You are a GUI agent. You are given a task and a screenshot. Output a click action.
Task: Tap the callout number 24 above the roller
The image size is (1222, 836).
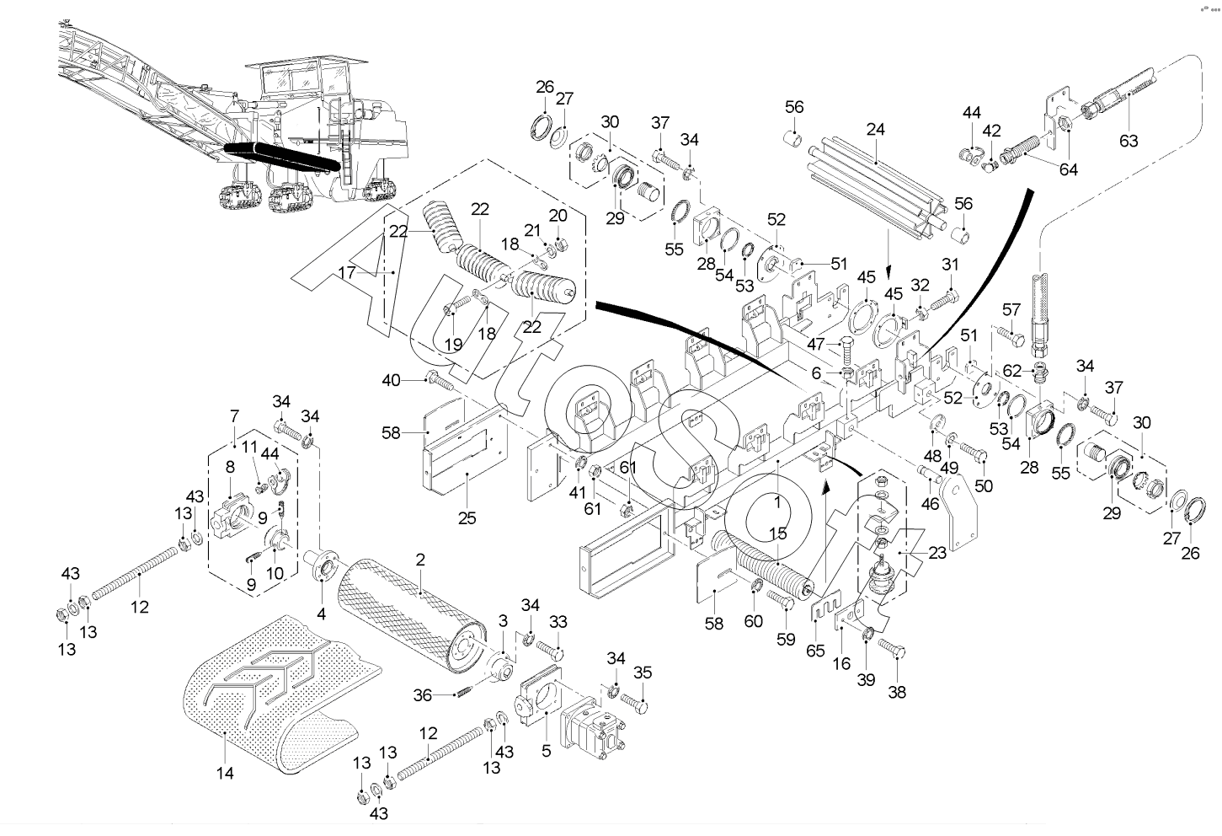pyautogui.click(x=876, y=130)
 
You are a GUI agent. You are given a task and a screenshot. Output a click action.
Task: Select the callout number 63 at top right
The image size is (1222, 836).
pyautogui.click(x=1128, y=140)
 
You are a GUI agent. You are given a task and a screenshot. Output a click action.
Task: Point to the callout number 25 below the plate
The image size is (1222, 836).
pyautogui.click(x=467, y=518)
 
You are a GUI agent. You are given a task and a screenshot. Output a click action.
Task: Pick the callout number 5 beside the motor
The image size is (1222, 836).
pyautogui.click(x=546, y=749)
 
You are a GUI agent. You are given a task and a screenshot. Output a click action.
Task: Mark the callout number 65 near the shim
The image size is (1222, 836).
pyautogui.click(x=815, y=651)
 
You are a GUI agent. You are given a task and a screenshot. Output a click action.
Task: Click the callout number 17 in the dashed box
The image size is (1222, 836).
pyautogui.click(x=348, y=272)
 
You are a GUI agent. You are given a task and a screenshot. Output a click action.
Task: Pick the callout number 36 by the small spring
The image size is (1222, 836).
pyautogui.click(x=423, y=694)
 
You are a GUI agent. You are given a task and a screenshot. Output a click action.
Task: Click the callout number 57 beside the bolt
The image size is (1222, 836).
pyautogui.click(x=1011, y=310)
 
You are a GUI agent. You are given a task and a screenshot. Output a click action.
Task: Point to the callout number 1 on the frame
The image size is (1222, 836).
pyautogui.click(x=777, y=499)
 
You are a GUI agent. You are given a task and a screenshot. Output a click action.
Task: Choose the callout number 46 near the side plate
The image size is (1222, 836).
pyautogui.click(x=929, y=504)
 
